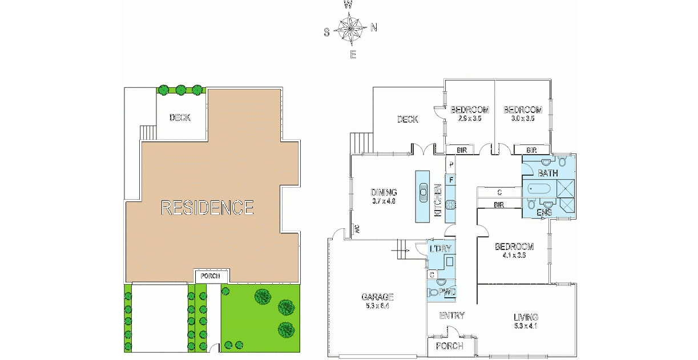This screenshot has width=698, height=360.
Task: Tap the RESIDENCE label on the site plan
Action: pyautogui.click(x=207, y=208)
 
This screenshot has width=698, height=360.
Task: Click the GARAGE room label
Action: pyautogui.click(x=377, y=297)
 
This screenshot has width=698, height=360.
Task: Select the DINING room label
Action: pyautogui.click(x=384, y=193)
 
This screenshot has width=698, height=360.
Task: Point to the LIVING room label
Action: pyautogui.click(x=526, y=317)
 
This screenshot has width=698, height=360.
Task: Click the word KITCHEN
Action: pyautogui.click(x=438, y=200)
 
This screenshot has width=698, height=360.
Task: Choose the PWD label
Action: pyautogui.click(x=446, y=292)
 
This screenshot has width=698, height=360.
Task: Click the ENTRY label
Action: pyautogui.click(x=451, y=315)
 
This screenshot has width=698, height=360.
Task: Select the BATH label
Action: pyautogui.click(x=548, y=173)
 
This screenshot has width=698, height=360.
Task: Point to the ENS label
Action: pyautogui.click(x=544, y=212)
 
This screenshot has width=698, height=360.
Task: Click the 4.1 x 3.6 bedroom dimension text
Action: pyautogui.click(x=514, y=255)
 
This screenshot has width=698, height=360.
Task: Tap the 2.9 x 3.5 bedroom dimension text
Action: pyautogui.click(x=470, y=119)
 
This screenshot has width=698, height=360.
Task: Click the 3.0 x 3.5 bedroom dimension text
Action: pyautogui.click(x=523, y=119)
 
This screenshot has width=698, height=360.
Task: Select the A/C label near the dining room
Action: pyautogui.click(x=357, y=230)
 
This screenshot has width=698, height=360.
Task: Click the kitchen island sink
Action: pyautogui.click(x=423, y=192)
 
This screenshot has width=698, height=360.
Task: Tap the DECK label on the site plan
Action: pyautogui.click(x=180, y=118)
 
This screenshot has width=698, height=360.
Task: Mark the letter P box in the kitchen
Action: pyautogui.click(x=451, y=165)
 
